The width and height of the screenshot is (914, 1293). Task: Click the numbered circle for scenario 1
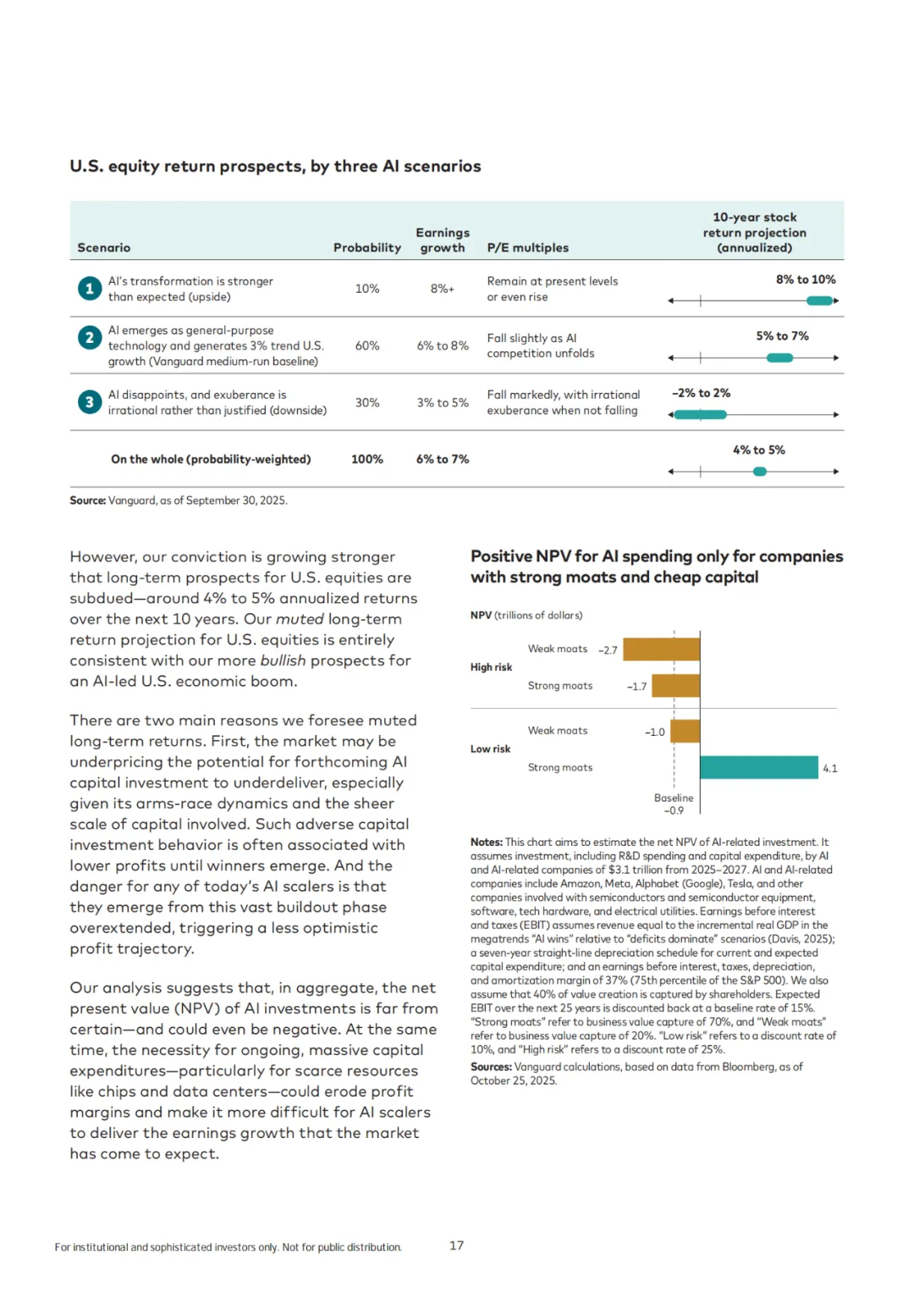pos(89,289)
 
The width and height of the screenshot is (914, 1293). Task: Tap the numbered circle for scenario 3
pos(89,402)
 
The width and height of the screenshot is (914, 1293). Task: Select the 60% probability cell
pos(367,345)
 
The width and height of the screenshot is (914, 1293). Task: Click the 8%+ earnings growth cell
pos(442,289)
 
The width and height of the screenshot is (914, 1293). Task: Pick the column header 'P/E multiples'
pos(527,248)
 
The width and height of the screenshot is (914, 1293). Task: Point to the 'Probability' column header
pos(366,248)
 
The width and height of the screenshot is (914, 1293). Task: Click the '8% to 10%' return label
pos(806,279)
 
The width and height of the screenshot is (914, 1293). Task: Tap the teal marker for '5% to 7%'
pos(779,358)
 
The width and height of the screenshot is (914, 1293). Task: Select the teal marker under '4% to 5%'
pos(760,472)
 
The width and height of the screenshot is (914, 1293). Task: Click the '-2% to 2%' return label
pos(701,393)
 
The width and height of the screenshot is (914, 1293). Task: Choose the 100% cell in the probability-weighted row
pos(367,459)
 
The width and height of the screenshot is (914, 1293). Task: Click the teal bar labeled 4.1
pos(759,767)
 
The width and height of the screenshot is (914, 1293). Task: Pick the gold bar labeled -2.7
pos(661,649)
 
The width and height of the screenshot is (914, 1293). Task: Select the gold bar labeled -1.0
pos(685,731)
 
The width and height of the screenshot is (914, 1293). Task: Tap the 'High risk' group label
pos(491,667)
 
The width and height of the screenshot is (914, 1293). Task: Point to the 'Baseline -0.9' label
pos(674,804)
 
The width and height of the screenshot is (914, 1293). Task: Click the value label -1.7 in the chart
pos(636,687)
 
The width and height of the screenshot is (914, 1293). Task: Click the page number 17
pos(456,1246)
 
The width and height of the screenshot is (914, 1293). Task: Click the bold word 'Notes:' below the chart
pos(487,842)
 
